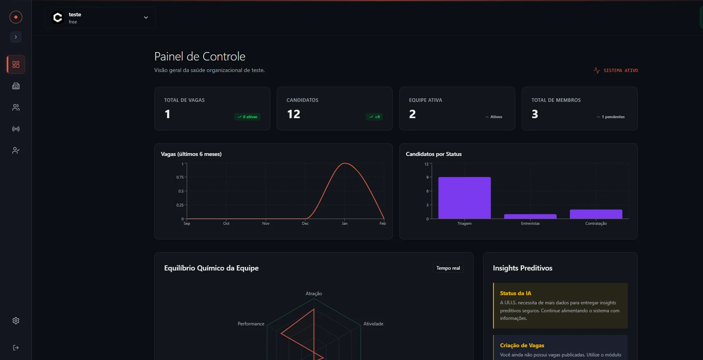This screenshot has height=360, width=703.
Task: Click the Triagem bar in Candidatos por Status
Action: (464, 198)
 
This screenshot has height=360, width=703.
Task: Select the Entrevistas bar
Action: (530, 216)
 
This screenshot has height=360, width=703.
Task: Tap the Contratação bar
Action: (596, 214)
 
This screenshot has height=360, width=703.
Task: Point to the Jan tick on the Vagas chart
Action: (344, 223)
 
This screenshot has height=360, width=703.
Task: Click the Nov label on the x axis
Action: (266, 223)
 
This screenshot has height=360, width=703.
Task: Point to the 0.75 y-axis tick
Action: (180, 177)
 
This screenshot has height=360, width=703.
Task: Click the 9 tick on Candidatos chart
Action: (427, 177)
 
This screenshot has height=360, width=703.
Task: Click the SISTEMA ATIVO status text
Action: (620, 70)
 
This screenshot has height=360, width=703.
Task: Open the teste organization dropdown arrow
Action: (146, 18)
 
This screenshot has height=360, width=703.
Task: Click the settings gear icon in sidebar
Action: (16, 321)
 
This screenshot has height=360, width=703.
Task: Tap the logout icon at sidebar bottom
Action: (16, 348)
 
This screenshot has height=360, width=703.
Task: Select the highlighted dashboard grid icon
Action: (16, 64)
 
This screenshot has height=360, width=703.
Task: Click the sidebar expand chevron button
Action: (16, 37)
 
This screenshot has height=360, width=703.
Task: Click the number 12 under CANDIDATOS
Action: (293, 115)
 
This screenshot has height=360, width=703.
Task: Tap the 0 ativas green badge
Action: (247, 117)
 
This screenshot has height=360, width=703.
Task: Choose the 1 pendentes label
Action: (613, 117)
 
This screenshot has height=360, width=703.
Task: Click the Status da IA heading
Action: (515, 293)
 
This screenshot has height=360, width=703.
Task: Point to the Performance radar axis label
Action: (251, 324)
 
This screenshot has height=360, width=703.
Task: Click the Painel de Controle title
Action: (200, 56)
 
